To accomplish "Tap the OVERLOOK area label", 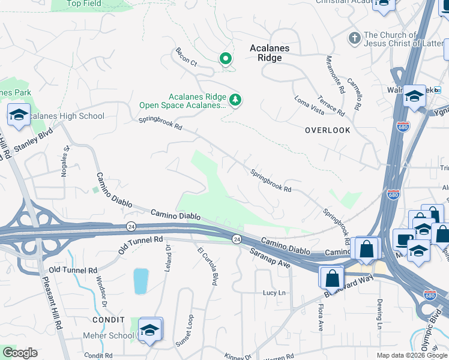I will [327, 130].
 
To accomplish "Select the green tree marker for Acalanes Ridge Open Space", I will [236, 100].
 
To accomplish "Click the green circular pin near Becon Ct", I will [226, 59].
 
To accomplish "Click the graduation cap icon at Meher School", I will [150, 329].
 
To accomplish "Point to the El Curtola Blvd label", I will [206, 266].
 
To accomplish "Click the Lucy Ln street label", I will [273, 293].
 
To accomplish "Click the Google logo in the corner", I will [19, 353].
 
